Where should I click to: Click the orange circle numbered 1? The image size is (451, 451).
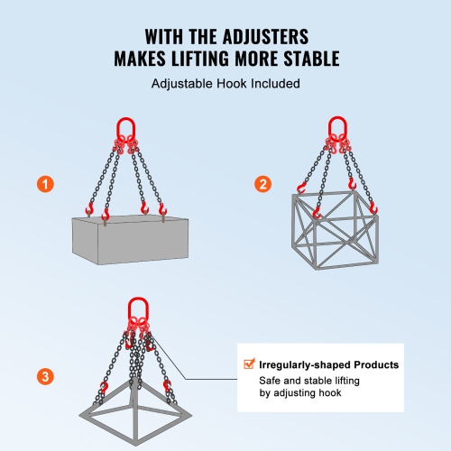point(44,184)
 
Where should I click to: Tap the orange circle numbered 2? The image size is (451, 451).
point(262,184)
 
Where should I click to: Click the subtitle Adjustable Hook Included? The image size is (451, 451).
point(225,84)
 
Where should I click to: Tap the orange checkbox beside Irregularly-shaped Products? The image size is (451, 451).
point(249,365)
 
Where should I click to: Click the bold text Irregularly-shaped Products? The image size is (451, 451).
point(328,365)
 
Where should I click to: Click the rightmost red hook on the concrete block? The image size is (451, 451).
point(162,212)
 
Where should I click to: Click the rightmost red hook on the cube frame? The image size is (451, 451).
point(373,209)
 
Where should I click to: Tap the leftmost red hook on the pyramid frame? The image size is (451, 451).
point(103,389)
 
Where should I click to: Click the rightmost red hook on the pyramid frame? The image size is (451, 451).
point(169,387)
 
